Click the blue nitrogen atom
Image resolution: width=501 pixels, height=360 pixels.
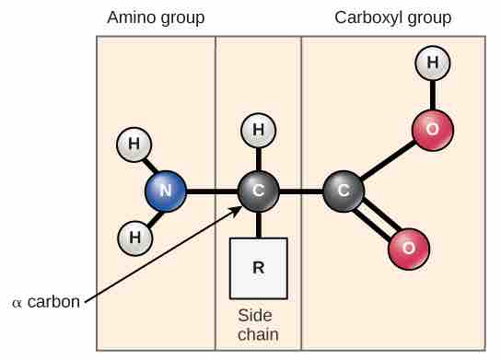[x=166, y=192]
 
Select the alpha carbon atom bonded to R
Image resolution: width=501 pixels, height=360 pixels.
[x=258, y=192]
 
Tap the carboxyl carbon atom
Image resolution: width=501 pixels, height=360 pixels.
[x=344, y=192]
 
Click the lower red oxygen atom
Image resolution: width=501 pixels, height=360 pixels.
[x=408, y=247]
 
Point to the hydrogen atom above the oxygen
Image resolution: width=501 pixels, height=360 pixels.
[x=431, y=64]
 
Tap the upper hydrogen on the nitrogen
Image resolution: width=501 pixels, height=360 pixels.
[x=134, y=145]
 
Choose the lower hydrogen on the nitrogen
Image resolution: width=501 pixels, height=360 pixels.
[x=134, y=238]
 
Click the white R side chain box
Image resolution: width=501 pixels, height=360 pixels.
[x=258, y=268]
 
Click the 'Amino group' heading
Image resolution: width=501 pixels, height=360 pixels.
[x=156, y=18]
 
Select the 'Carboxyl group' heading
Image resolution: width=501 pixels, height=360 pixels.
[x=393, y=18]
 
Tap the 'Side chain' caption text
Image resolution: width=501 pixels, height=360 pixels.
[x=258, y=324]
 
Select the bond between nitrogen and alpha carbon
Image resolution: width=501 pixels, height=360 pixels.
[x=212, y=192]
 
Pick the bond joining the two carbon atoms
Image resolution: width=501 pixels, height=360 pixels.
[x=301, y=192]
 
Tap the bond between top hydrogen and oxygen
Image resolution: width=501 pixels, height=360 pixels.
[x=431, y=97]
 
